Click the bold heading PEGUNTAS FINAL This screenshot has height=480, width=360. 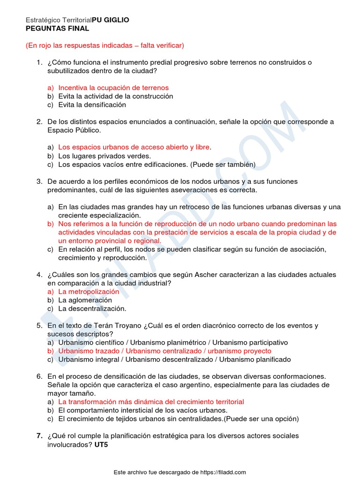(57, 29)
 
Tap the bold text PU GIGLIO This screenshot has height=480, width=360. (111, 20)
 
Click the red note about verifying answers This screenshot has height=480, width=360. (105, 45)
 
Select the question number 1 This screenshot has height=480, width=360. (39, 62)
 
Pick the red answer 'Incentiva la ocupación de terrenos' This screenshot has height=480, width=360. (113, 88)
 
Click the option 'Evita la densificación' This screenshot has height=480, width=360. (92, 105)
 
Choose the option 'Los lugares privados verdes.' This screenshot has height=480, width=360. (105, 156)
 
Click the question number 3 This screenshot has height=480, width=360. (39, 181)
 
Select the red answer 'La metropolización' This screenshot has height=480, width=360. (89, 292)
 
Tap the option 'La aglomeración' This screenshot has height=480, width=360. (85, 300)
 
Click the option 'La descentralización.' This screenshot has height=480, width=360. (92, 308)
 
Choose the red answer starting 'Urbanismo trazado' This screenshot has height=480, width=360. (165, 351)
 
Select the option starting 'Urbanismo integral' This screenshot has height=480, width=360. (174, 360)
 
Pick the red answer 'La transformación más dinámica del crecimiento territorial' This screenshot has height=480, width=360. (151, 402)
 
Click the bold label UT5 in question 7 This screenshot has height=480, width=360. (101, 444)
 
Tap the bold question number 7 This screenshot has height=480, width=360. (39, 436)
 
